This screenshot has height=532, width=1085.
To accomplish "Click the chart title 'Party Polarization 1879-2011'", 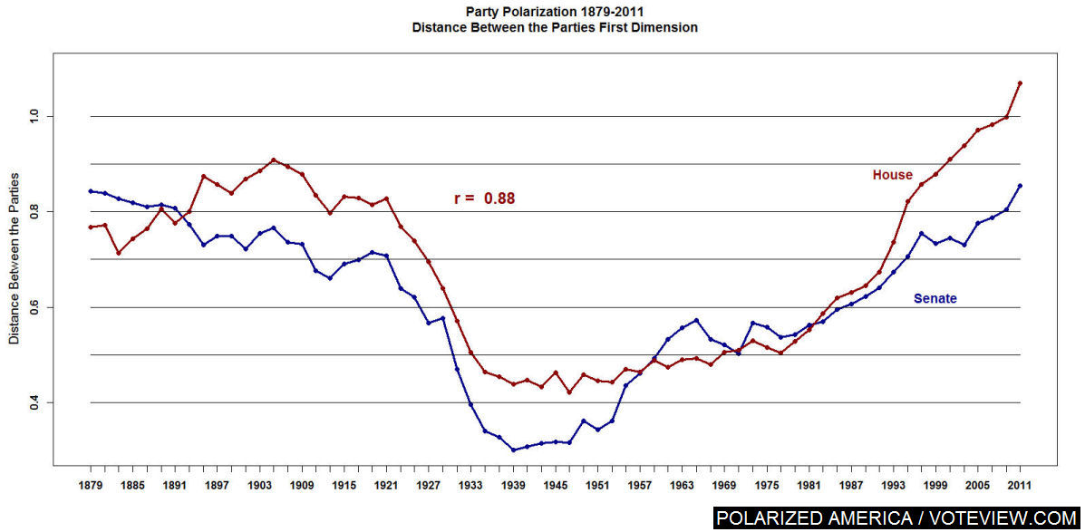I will tap(554, 12).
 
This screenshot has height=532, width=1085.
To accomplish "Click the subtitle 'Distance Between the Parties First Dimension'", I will tap(554, 27).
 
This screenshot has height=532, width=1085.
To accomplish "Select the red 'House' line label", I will tap(892, 175).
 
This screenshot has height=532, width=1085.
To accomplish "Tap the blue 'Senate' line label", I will tap(935, 298).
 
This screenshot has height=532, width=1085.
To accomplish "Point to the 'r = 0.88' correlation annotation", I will tap(484, 198).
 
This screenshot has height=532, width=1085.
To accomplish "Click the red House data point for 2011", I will tap(1021, 83).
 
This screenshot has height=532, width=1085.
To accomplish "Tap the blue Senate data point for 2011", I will tap(1021, 186).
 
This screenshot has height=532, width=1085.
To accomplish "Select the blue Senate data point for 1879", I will tap(91, 191).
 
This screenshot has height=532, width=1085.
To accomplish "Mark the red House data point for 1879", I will tap(91, 227).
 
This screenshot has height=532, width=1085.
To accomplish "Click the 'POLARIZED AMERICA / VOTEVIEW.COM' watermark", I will tap(897, 518).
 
